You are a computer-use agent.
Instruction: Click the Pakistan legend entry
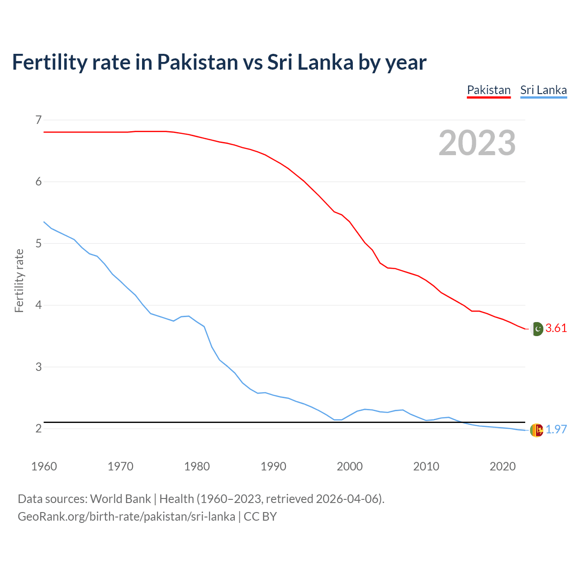pos(489,90)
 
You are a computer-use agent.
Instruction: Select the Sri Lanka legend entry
pos(543,90)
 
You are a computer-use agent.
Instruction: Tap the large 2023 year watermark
pos(477,143)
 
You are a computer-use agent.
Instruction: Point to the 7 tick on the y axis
pos(38,120)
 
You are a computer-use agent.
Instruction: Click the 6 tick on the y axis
pos(38,182)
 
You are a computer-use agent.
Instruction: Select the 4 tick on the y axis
pos(38,305)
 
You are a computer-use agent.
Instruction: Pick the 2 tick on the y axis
pos(38,428)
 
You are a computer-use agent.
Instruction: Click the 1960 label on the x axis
pos(44,466)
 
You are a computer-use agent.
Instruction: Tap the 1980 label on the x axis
pos(197,466)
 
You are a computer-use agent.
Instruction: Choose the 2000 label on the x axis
pos(350,466)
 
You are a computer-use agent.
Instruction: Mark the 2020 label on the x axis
pos(503,466)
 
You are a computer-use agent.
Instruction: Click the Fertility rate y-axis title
pos(19,280)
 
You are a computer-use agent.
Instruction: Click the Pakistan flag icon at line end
pos(536,329)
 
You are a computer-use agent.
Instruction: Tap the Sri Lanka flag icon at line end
pos(536,430)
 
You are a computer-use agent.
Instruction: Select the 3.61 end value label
pos(556,328)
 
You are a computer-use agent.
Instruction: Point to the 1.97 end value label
pos(556,430)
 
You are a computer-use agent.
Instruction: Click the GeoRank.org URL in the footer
pos(126,517)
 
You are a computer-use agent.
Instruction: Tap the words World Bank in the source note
pos(120,499)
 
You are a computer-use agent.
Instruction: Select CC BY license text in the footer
pos(260,517)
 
